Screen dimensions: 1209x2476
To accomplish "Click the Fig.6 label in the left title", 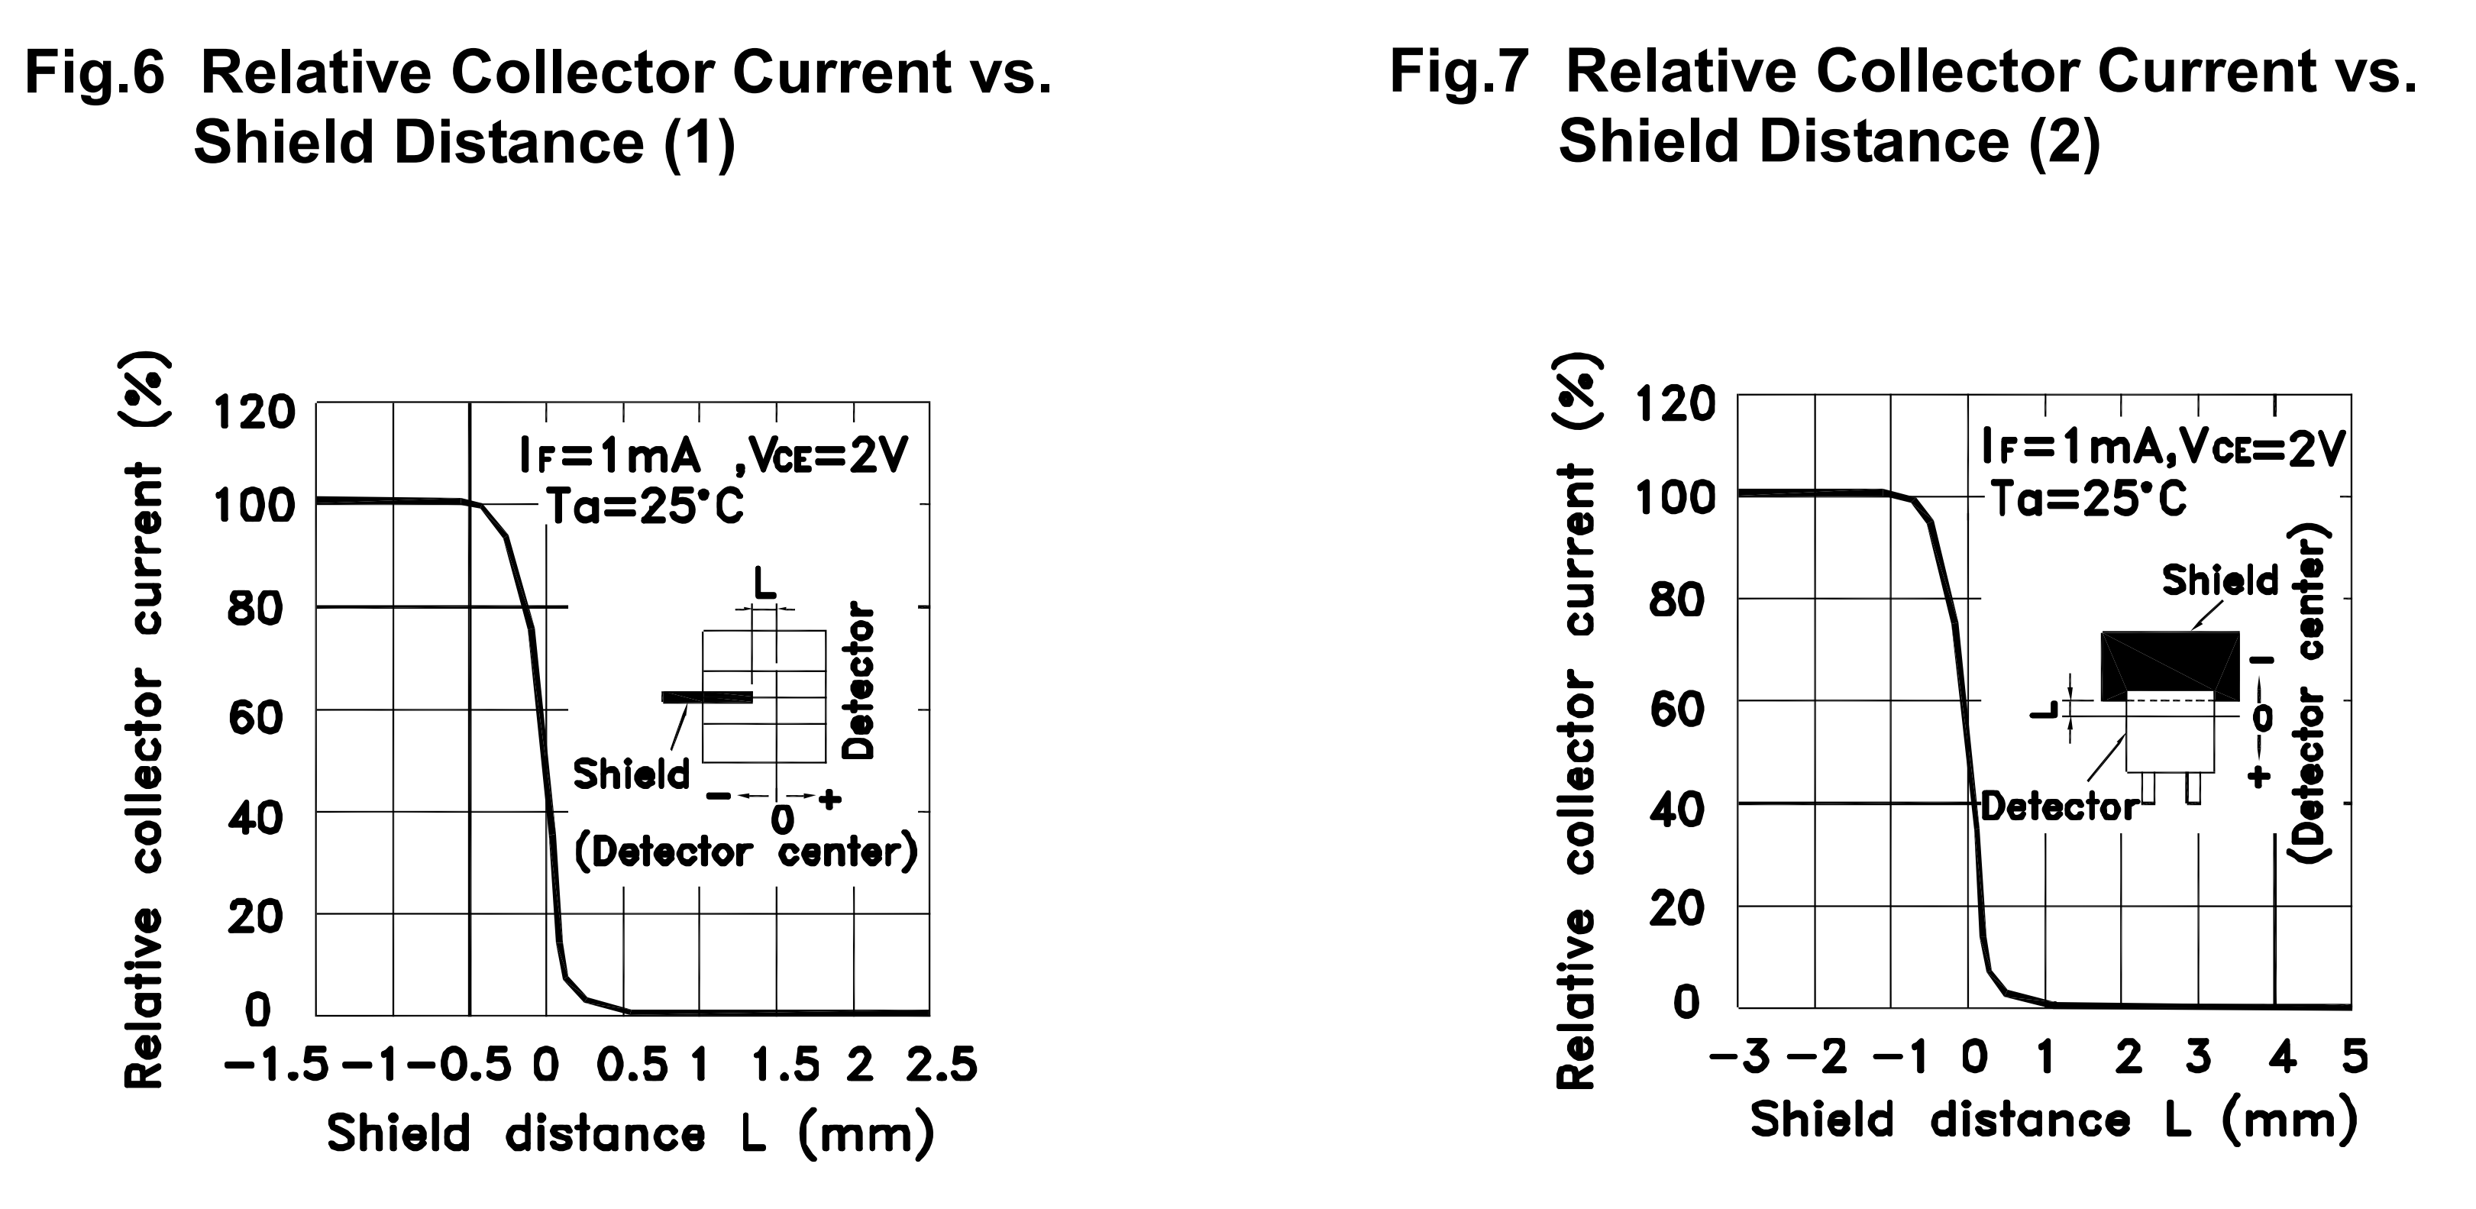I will [94, 73].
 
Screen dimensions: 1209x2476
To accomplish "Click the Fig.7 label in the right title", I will [1458, 73].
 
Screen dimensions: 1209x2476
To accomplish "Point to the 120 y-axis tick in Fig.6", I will [253, 413].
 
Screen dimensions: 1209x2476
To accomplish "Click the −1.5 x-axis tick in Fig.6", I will [276, 1065].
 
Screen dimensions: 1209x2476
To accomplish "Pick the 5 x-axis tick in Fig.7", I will [2354, 1058].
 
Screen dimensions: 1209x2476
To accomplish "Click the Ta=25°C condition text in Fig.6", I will [645, 506].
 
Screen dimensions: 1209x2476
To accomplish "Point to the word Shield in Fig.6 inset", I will [632, 774].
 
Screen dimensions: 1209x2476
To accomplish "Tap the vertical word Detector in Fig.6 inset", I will [859, 680].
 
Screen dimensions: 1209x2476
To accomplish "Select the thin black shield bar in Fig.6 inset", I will [706, 697].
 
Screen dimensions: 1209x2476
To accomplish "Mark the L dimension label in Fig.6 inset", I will [765, 583].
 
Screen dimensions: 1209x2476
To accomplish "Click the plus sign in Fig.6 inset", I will [829, 797].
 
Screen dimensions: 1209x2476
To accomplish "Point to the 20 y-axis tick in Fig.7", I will [1676, 908].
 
